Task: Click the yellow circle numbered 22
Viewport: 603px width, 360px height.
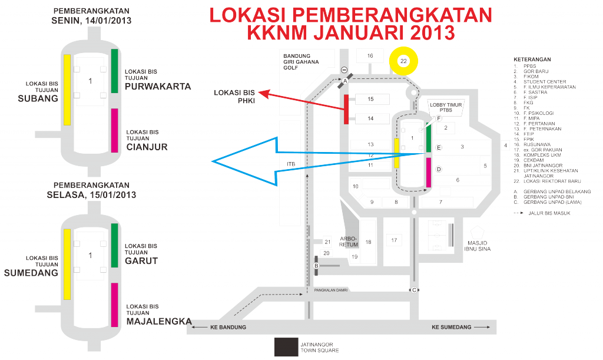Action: tap(403, 61)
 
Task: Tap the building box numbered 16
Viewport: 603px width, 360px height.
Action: tap(370, 55)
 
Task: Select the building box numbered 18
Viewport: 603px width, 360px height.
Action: tap(368, 242)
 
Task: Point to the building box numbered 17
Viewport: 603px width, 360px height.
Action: tap(395, 240)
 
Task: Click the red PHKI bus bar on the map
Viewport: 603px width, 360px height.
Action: tap(346, 109)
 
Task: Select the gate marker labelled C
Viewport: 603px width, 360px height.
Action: tap(414, 289)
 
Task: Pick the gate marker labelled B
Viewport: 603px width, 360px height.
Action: tap(317, 265)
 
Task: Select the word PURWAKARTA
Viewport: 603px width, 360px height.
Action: tap(158, 87)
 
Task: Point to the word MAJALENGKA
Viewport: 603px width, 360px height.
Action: tap(159, 321)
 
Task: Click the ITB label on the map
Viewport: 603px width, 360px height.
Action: tap(291, 164)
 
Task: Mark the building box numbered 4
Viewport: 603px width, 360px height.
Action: tap(505, 146)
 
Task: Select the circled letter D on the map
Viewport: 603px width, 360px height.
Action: tap(439, 169)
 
